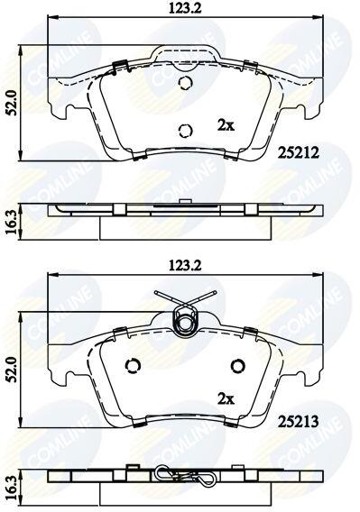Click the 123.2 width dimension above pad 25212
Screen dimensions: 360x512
point(185,8)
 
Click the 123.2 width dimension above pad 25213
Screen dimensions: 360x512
point(185,266)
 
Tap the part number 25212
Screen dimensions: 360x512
point(298,153)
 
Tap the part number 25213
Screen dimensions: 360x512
point(298,422)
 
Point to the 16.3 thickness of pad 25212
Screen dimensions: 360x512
point(10,222)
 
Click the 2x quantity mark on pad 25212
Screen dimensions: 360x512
point(226,125)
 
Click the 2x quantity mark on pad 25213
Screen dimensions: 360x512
point(226,399)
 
